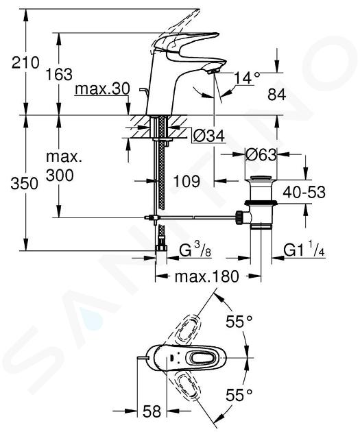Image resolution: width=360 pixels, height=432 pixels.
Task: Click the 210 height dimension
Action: [x=25, y=62]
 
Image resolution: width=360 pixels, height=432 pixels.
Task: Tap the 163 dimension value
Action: [x=59, y=74]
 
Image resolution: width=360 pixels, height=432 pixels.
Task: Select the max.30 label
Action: [x=102, y=88]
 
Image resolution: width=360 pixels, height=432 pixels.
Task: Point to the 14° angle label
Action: [x=247, y=77]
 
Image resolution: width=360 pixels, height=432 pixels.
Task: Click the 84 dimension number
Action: [x=277, y=95]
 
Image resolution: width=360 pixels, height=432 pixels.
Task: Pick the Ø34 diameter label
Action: [x=209, y=136]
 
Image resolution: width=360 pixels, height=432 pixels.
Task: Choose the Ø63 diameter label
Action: [x=261, y=155]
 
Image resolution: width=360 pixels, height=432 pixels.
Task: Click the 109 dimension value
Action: [x=187, y=181]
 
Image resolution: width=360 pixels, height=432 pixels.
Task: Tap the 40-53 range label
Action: [x=304, y=192]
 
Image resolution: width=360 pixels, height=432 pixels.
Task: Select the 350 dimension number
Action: [x=24, y=183]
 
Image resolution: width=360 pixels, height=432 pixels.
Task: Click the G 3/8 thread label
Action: [x=195, y=250]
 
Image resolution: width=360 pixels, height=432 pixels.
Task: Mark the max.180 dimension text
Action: [x=206, y=276]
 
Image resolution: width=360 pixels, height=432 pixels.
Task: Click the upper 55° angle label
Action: [x=239, y=321]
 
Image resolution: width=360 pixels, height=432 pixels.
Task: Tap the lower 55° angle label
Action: [x=239, y=395]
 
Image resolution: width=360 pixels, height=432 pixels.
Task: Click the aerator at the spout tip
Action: [x=213, y=71]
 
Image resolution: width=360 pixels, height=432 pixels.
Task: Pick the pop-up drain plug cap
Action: [x=261, y=178]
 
